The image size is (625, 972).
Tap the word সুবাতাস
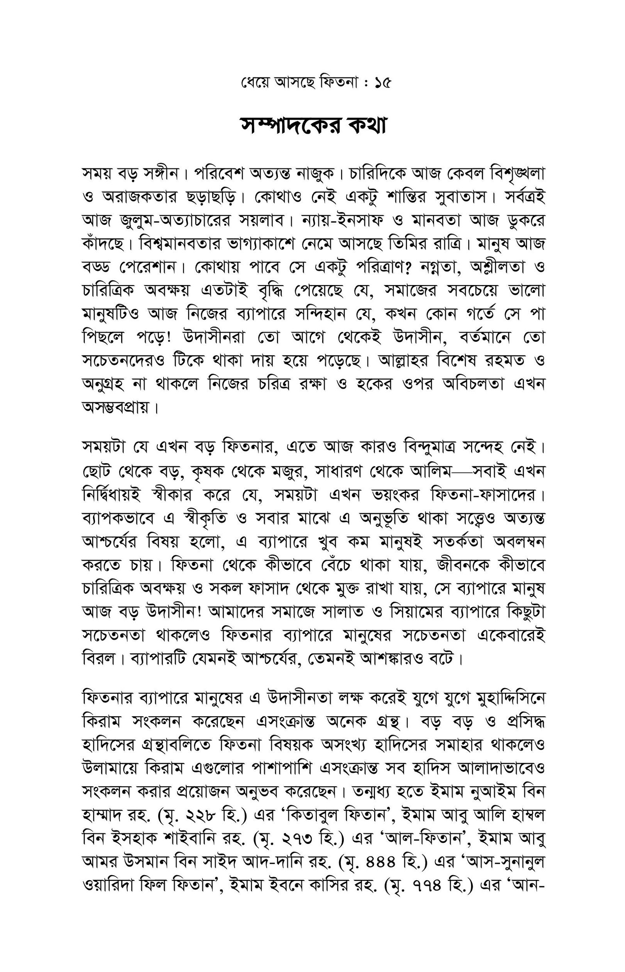click(x=460, y=198)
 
